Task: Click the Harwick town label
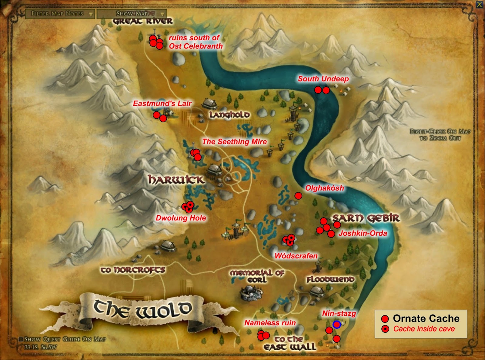click(176, 180)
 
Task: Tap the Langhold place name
click(229, 115)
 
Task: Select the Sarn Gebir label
click(366, 218)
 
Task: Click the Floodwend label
click(330, 279)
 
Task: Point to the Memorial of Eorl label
click(257, 276)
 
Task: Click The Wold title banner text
click(142, 309)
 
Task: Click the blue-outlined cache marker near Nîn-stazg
click(336, 325)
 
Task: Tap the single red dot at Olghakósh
click(298, 196)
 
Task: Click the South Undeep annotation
click(323, 79)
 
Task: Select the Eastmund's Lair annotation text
click(162, 104)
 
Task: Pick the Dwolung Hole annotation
click(181, 218)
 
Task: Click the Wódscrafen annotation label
click(296, 256)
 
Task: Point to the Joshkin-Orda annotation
click(363, 233)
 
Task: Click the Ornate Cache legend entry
click(426, 318)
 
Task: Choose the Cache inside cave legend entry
click(424, 329)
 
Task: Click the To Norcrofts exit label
click(133, 270)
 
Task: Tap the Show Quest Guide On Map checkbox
click(21, 339)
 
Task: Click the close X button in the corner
click(479, 5)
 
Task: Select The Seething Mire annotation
click(234, 142)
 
